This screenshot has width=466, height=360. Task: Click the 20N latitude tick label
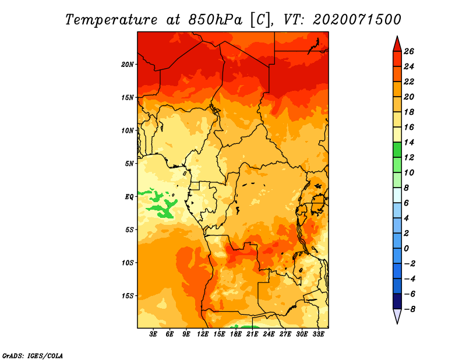tap(128, 65)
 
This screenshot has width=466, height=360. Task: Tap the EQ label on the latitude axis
tap(129, 197)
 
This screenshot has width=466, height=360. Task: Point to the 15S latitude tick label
tap(128, 296)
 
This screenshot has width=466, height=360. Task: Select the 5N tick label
tap(129, 164)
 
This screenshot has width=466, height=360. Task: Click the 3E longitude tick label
tap(153, 334)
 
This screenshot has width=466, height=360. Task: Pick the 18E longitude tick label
tap(236, 334)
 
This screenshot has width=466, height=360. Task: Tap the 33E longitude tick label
tap(318, 334)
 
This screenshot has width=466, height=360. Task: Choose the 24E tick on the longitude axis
tap(269, 334)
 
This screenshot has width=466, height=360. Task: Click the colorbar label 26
tap(409, 51)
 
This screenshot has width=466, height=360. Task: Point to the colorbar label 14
tap(409, 142)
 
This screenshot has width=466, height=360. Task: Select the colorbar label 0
tap(407, 249)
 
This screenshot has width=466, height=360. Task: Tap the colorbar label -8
tap(409, 309)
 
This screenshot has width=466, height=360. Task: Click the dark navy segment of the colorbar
tap(397, 301)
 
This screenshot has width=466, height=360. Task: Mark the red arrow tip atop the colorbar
tap(397, 36)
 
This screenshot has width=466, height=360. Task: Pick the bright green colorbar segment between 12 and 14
tap(397, 150)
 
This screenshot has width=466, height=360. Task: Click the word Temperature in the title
tap(111, 20)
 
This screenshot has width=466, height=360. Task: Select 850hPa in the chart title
tap(215, 20)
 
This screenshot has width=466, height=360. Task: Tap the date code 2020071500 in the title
tap(357, 20)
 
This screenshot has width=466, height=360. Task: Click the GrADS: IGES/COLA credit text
tap(33, 356)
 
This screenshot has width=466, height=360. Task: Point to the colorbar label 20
tap(409, 97)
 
